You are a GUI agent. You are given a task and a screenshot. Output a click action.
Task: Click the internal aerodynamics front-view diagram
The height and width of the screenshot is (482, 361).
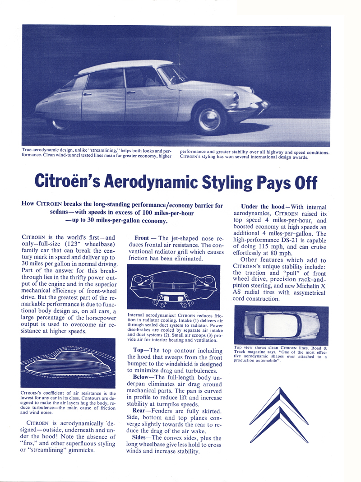171,287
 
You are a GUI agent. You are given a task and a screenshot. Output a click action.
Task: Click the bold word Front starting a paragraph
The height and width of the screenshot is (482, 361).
142,238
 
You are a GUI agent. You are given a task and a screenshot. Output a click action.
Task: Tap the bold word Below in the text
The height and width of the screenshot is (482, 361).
144,376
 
